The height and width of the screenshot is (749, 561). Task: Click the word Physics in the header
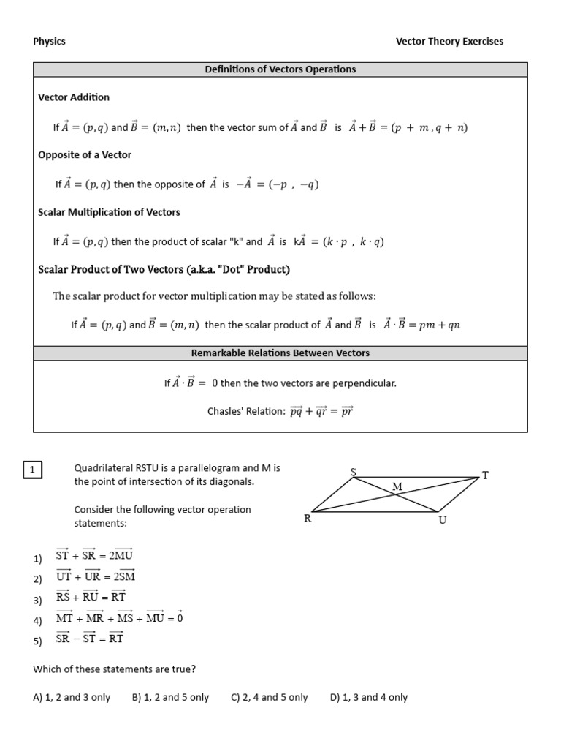coord(49,41)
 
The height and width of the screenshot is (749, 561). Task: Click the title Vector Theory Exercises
coord(449,41)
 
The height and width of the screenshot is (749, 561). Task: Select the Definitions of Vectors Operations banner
coord(280,69)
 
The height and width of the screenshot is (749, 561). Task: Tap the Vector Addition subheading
coord(74,97)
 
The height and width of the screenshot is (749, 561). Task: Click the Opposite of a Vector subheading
coord(85,155)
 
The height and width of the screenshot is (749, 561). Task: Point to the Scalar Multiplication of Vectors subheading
coord(109,212)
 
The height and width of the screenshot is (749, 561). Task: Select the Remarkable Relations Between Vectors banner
coord(280,353)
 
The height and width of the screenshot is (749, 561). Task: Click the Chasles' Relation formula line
coord(280,412)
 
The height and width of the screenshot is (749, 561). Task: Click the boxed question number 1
coord(34,470)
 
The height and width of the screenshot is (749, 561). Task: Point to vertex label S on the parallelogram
coord(354,471)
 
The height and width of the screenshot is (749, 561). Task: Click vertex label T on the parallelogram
coord(484,475)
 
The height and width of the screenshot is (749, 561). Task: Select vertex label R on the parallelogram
coord(308,519)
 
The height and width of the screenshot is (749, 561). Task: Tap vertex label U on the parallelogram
coord(443,520)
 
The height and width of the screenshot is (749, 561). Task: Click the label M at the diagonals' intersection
coord(397,486)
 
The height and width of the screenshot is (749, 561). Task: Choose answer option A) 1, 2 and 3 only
coord(72,697)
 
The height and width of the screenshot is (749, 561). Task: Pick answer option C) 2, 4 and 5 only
coord(269,697)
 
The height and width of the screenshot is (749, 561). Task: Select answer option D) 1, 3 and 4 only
coord(368,697)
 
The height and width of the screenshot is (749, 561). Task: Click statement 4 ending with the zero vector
coord(118,619)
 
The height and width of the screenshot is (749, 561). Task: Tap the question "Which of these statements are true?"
coord(114,669)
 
